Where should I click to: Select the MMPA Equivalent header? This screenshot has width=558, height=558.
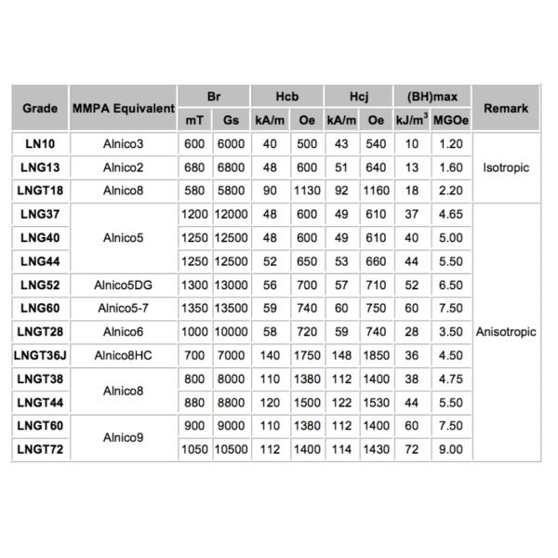[123, 108]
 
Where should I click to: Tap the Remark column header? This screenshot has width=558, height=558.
[506, 108]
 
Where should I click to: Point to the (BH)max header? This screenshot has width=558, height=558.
[426, 96]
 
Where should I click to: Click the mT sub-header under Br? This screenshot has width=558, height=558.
[194, 120]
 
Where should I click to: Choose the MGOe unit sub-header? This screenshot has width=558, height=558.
[450, 120]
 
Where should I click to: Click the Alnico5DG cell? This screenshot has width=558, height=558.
[123, 285]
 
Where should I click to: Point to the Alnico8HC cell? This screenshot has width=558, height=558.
[123, 355]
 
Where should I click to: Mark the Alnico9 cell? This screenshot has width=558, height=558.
[123, 437]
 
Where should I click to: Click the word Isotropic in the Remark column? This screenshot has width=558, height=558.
[506, 167]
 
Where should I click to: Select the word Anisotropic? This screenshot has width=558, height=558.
[506, 332]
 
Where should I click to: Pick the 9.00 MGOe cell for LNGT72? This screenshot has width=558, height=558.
[450, 449]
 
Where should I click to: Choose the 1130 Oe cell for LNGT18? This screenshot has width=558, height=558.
[306, 191]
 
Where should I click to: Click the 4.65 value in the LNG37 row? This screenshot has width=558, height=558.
[450, 215]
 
